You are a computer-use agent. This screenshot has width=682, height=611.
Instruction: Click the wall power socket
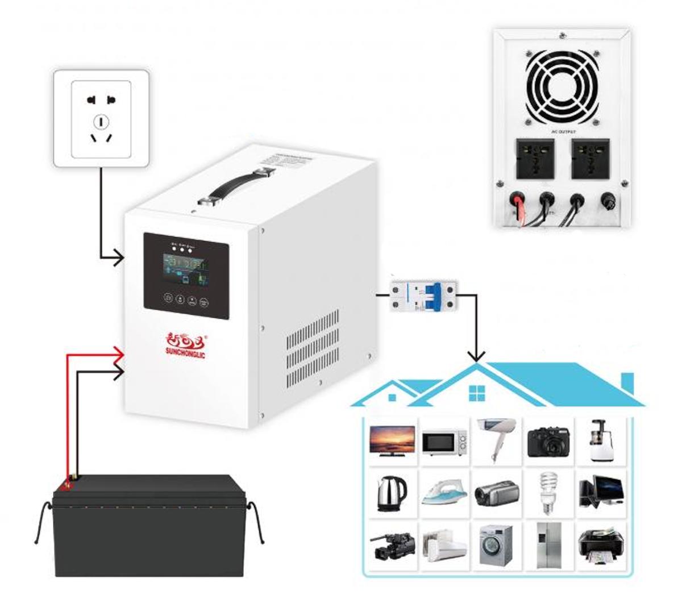pyautogui.click(x=101, y=118)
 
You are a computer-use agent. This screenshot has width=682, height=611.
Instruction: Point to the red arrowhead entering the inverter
pyautogui.click(x=120, y=355)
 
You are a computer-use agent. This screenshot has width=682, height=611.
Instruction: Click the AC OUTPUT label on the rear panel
pyautogui.click(x=563, y=131)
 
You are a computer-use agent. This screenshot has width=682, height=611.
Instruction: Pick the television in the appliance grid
pyautogui.click(x=391, y=439)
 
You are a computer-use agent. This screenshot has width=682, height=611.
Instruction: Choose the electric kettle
pyautogui.click(x=391, y=492)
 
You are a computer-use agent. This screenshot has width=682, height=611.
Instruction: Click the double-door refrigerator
pyautogui.click(x=547, y=544)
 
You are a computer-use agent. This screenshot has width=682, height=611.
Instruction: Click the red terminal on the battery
pyautogui.click(x=68, y=485)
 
